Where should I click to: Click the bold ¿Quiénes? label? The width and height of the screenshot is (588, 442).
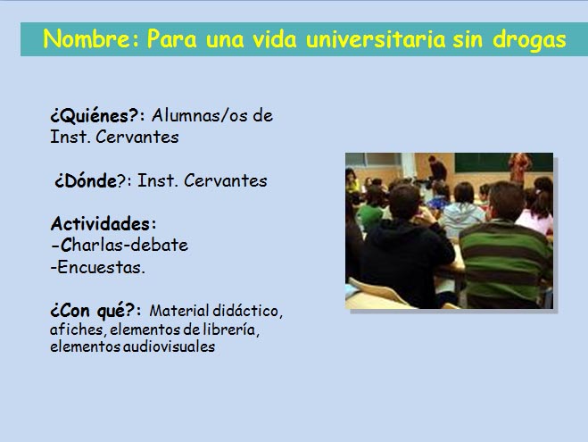pos(95,115)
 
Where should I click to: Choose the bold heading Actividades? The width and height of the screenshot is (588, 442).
pos(101,224)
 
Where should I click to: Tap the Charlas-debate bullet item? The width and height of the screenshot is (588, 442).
pos(120,245)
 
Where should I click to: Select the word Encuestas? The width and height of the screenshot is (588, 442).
pos(101,267)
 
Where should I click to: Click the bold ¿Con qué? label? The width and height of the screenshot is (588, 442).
pos(93,311)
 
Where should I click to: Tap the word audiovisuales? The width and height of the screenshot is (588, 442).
pos(169,346)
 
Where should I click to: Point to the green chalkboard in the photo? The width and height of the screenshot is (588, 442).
pos(502,163)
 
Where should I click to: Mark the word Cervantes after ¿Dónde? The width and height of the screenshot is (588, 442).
pos(226,180)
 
